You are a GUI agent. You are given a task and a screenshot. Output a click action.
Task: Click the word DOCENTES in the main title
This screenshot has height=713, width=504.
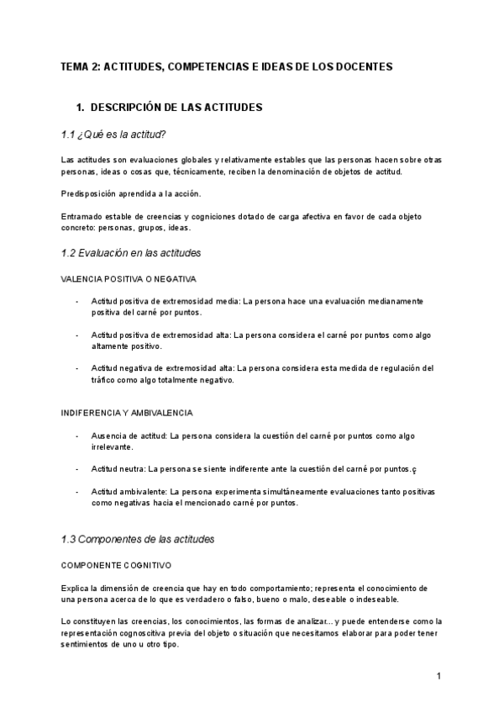point(365,66)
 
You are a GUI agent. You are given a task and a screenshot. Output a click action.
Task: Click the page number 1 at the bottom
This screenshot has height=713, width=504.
point(438,676)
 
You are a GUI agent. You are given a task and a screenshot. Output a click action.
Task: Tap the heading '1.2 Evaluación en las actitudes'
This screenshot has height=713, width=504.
point(131,252)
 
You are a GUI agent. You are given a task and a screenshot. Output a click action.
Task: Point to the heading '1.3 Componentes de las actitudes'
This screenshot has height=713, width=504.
point(138,538)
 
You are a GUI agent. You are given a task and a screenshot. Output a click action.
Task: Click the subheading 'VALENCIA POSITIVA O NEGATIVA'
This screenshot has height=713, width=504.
point(129,278)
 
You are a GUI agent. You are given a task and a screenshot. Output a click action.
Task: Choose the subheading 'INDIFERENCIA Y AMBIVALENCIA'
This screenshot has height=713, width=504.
point(128,413)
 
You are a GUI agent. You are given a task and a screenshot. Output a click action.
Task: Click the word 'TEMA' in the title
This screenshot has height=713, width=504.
point(75,66)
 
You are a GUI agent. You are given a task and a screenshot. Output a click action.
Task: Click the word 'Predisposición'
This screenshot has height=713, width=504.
point(87,193)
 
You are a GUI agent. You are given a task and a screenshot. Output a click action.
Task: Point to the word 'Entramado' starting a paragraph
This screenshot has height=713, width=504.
point(81,216)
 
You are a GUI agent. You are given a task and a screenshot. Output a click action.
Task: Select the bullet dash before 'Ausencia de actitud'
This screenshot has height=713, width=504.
point(78,436)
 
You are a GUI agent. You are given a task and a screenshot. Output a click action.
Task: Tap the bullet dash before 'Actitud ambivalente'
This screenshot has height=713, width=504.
point(78,491)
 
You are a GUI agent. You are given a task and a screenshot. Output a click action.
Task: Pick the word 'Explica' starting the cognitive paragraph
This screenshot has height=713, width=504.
point(75,587)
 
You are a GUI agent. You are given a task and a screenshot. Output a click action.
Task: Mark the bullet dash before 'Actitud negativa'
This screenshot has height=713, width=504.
point(78,367)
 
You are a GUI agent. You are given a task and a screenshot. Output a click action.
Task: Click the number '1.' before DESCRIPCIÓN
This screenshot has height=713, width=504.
point(81,108)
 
